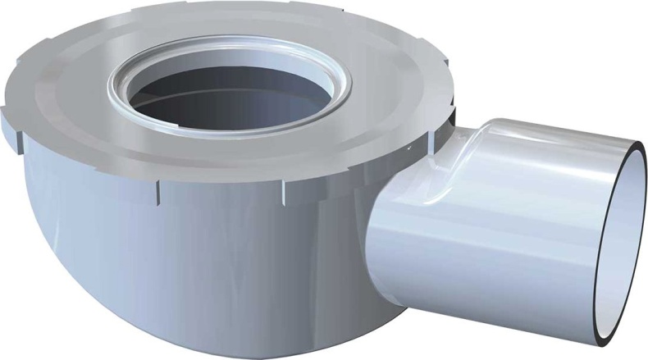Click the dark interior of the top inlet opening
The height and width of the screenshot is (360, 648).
point(238,98)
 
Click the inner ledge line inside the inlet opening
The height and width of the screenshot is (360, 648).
point(238,119)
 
